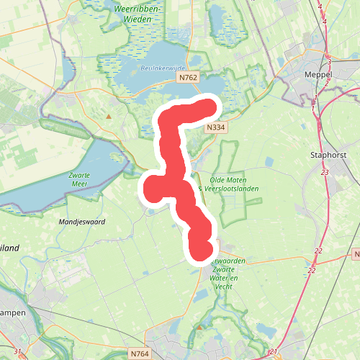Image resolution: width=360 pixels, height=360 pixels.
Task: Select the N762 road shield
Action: click(188, 77)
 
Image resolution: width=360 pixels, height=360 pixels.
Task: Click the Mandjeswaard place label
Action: click(82, 222)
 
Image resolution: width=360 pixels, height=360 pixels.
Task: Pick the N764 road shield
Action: click(140, 354)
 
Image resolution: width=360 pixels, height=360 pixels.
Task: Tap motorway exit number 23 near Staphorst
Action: click(325, 172)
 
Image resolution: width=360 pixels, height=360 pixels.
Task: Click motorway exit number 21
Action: click(274, 351)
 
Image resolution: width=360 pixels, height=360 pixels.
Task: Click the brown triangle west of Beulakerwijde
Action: click(109, 115)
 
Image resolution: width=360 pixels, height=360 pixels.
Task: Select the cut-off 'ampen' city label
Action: click(13, 313)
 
